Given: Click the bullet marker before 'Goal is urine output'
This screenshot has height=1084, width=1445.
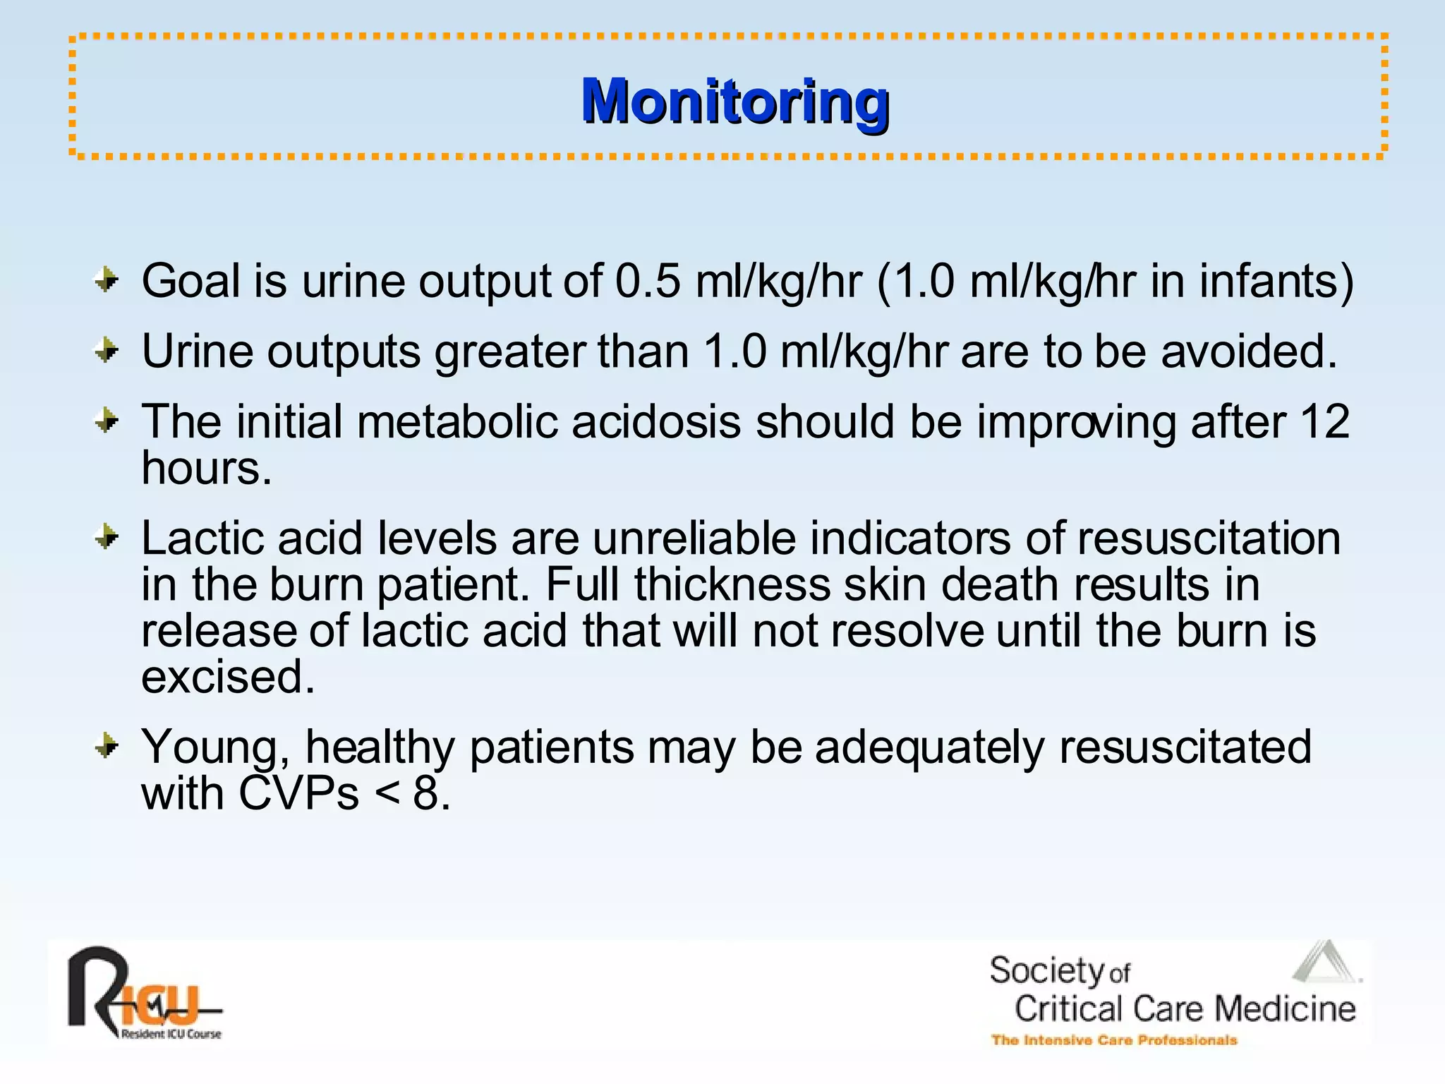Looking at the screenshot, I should point(107,280).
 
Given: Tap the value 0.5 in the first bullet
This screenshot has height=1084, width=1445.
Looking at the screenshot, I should point(648,281).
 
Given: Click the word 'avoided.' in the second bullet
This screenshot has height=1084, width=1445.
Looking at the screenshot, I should point(1249,351).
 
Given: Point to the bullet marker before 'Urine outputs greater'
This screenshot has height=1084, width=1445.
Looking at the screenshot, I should point(107,350).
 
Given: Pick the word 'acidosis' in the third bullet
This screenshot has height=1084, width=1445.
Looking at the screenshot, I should point(656,422).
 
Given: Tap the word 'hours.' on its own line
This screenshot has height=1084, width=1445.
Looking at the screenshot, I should point(206,468).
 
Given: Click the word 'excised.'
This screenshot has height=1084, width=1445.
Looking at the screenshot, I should point(227,676).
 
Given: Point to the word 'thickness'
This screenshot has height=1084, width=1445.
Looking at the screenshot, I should point(732,584).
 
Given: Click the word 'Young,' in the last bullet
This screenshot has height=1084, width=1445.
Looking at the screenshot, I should point(215,747).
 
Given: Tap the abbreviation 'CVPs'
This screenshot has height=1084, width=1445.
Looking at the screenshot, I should point(298,793).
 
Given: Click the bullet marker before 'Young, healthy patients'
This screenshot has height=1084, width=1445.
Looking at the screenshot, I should point(107,746).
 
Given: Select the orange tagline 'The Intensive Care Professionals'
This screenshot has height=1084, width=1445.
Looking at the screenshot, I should point(1113,1040).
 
